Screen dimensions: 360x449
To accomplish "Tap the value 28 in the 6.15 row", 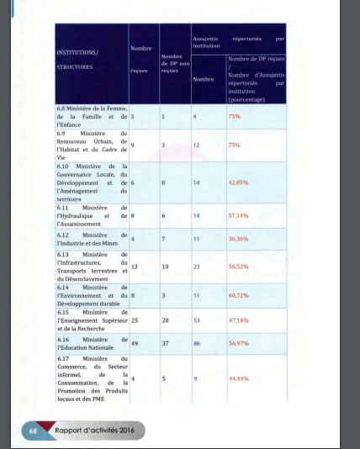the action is tap(166, 320).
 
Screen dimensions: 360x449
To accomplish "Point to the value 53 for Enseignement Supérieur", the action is tap(198, 320).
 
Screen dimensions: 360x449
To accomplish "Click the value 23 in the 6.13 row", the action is tap(197, 267).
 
